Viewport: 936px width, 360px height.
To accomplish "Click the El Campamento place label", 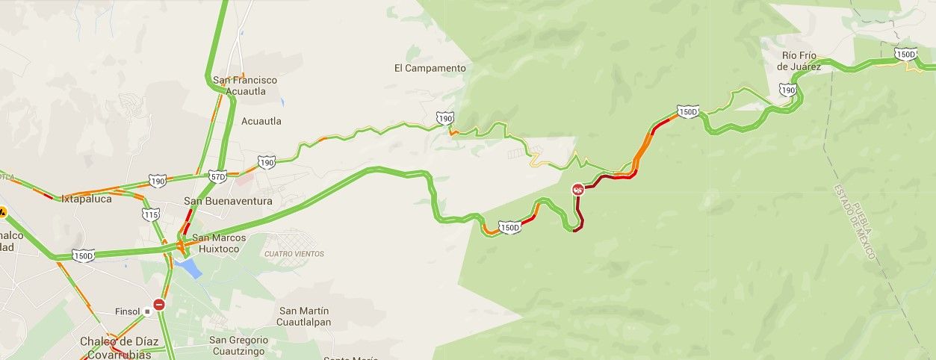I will [430, 68].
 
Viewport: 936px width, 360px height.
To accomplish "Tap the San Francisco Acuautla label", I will [244, 86].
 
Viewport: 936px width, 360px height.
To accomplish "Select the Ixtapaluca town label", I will [87, 199].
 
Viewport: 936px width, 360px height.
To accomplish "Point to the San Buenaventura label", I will [228, 201].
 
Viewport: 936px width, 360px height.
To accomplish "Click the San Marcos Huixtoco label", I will [220, 243].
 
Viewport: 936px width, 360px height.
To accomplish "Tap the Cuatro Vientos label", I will [294, 254].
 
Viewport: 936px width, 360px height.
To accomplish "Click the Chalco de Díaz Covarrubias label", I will [120, 347].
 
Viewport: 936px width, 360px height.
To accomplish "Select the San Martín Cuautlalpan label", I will [304, 317].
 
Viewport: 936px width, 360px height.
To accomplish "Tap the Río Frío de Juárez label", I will [799, 61].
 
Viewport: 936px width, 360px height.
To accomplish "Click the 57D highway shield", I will [218, 176].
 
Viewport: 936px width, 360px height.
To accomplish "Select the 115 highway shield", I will [150, 215].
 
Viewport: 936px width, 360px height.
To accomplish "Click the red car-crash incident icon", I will [577, 190].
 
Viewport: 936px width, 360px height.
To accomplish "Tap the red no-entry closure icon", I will [158, 305].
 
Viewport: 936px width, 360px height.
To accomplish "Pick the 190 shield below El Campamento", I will [445, 119].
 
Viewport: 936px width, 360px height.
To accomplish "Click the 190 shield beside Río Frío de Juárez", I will [787, 90].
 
